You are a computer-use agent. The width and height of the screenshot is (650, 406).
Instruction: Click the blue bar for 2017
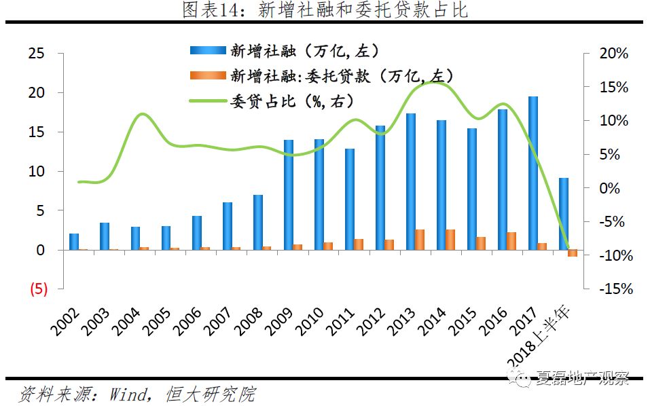(x=533, y=173)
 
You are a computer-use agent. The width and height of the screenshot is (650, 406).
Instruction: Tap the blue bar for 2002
(x=74, y=242)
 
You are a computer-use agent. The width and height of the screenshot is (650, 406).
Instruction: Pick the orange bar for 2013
(x=420, y=240)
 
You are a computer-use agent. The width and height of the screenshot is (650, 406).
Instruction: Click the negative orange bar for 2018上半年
(x=573, y=253)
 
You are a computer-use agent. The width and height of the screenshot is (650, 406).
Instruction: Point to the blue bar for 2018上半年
(x=564, y=214)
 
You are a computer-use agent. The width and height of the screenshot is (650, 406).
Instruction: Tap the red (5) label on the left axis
(x=37, y=289)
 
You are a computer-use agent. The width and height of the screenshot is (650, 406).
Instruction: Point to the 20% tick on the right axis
(x=614, y=54)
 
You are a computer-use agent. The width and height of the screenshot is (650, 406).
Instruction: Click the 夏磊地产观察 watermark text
(x=582, y=378)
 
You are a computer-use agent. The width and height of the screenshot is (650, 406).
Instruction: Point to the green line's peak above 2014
(x=432, y=81)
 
